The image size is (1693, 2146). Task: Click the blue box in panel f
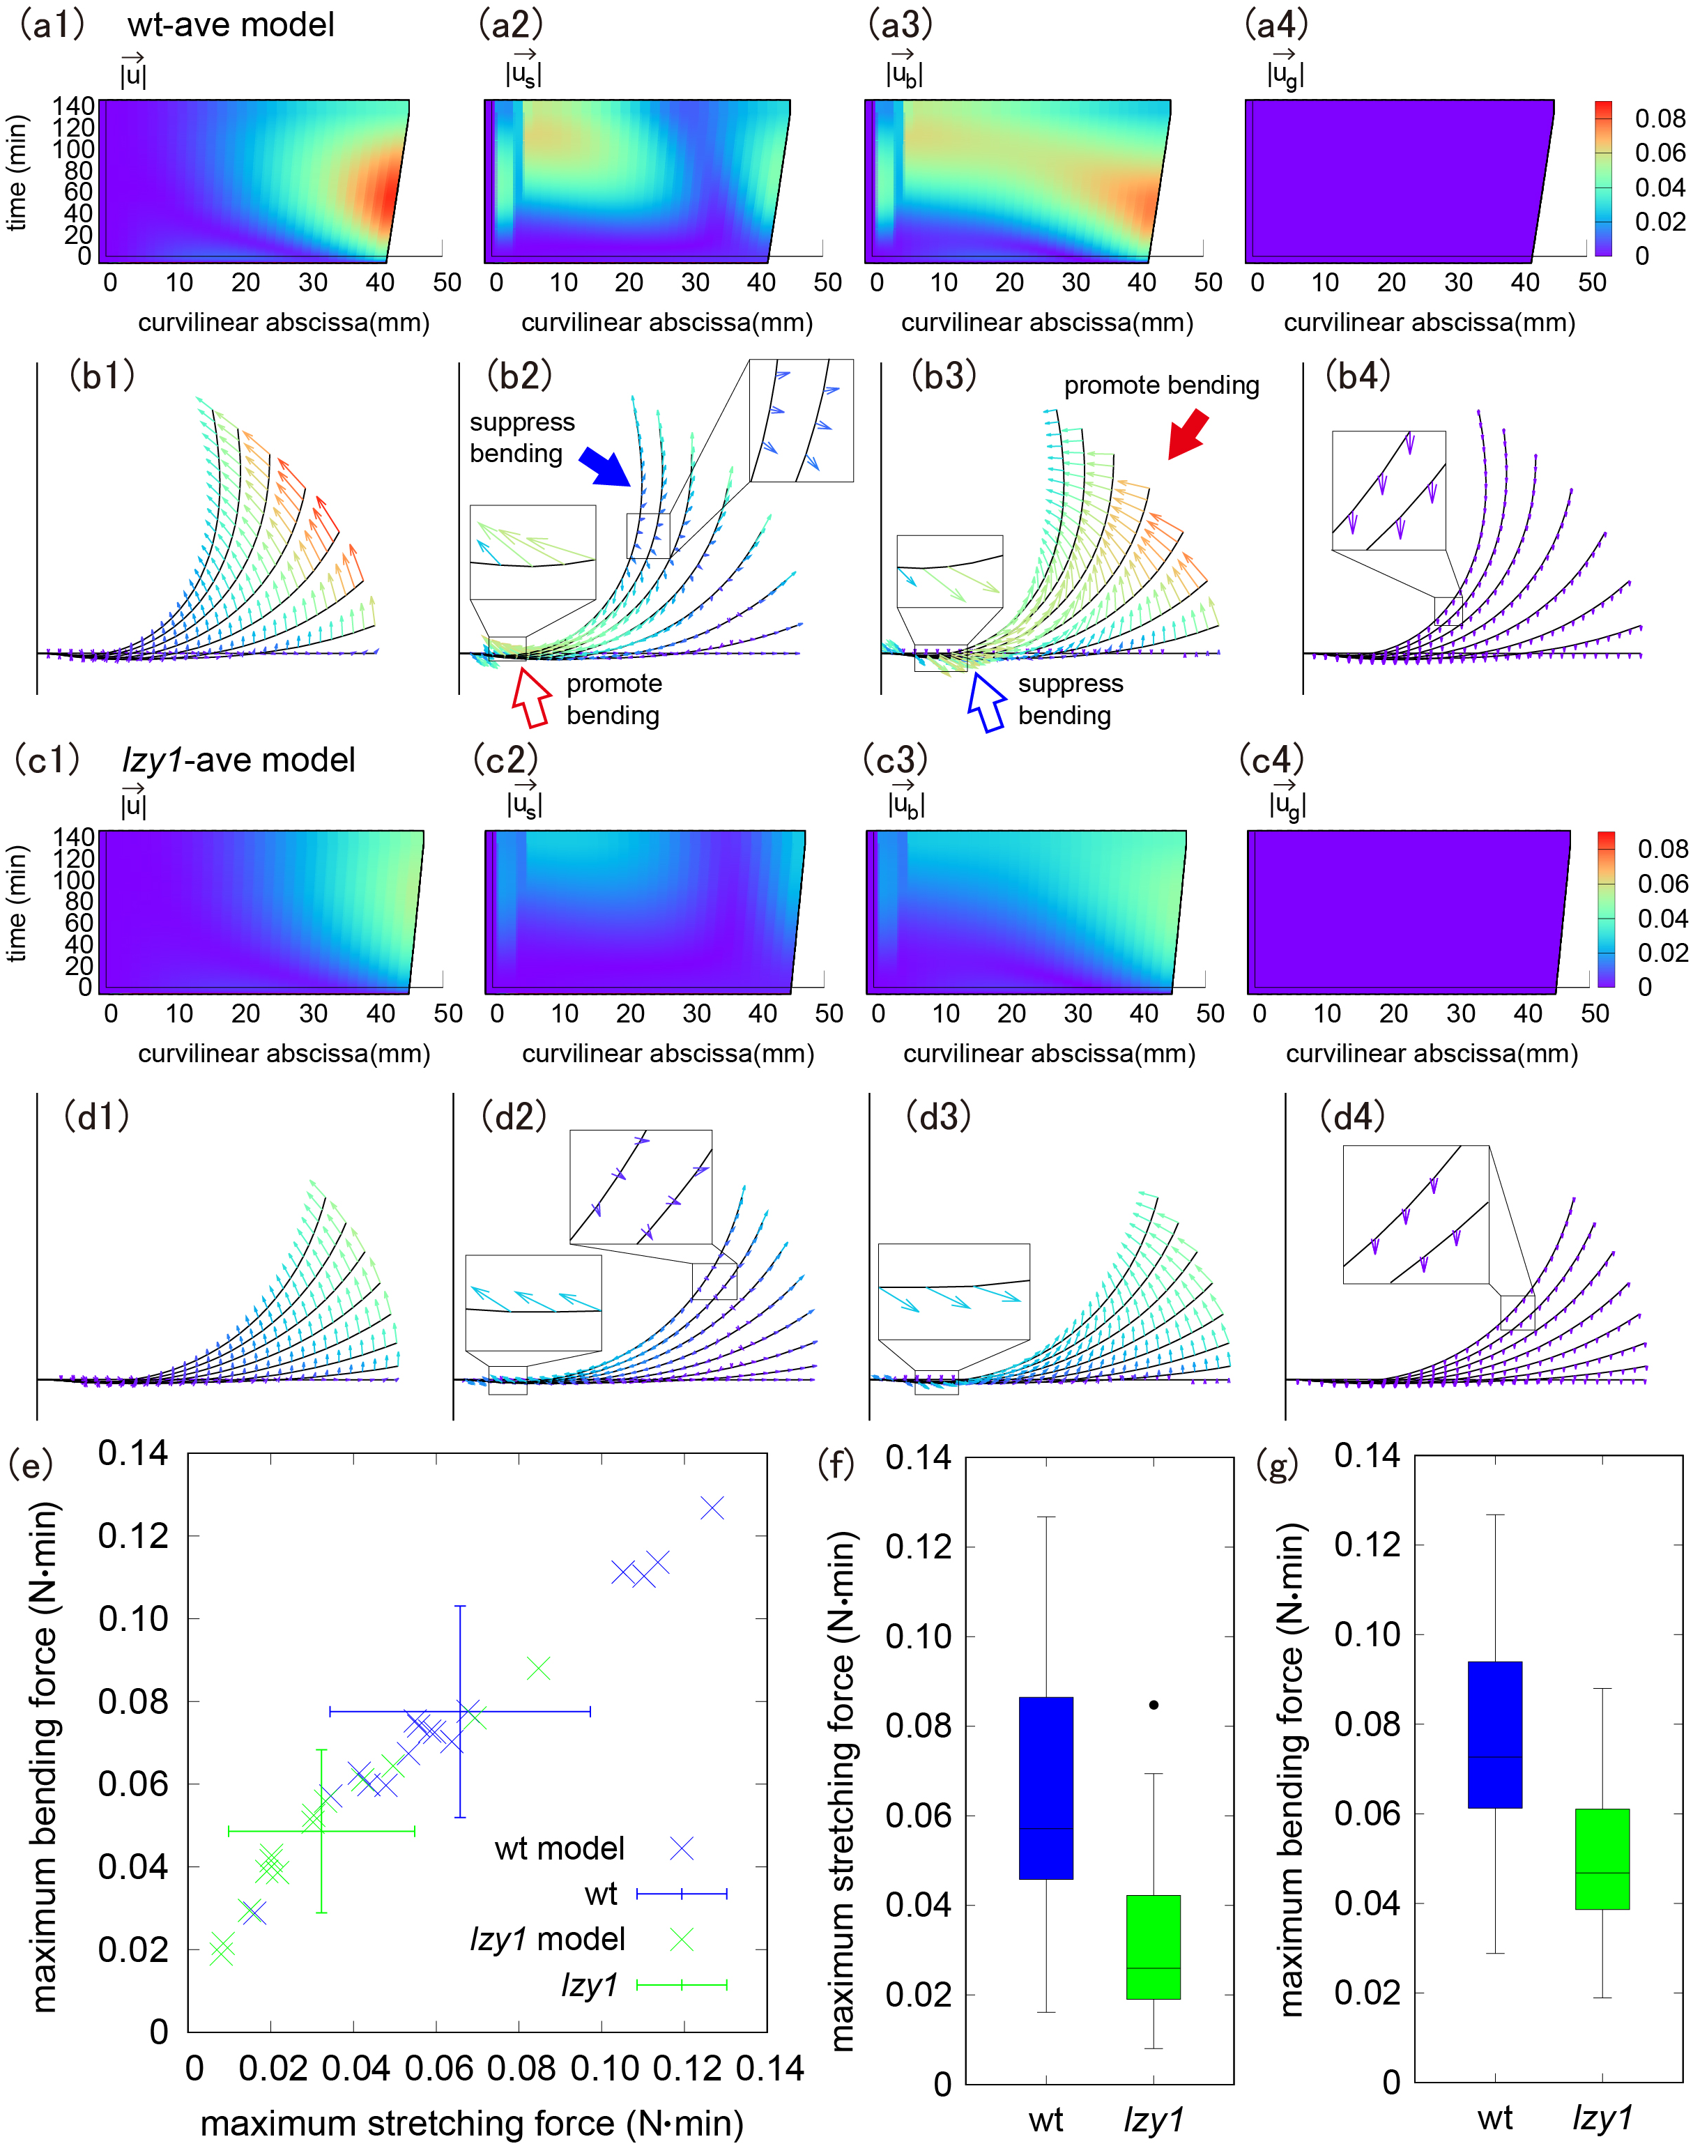point(1045,1787)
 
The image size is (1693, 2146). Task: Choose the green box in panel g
point(1602,1859)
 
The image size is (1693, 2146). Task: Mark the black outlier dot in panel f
point(1154,1705)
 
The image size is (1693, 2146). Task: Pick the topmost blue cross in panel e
point(712,1508)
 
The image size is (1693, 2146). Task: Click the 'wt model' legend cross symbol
point(682,1848)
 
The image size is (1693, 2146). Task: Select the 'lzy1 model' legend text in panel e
point(547,1939)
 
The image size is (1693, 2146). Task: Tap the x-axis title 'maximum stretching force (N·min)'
point(472,2122)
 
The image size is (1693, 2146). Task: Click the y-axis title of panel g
point(1291,1770)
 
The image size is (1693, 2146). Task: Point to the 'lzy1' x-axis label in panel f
point(1154,2120)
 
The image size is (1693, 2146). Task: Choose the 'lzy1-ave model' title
point(238,760)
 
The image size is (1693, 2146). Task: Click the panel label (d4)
point(1352,1116)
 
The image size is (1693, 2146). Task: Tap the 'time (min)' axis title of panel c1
point(17,903)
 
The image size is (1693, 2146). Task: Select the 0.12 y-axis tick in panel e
point(133,1535)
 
